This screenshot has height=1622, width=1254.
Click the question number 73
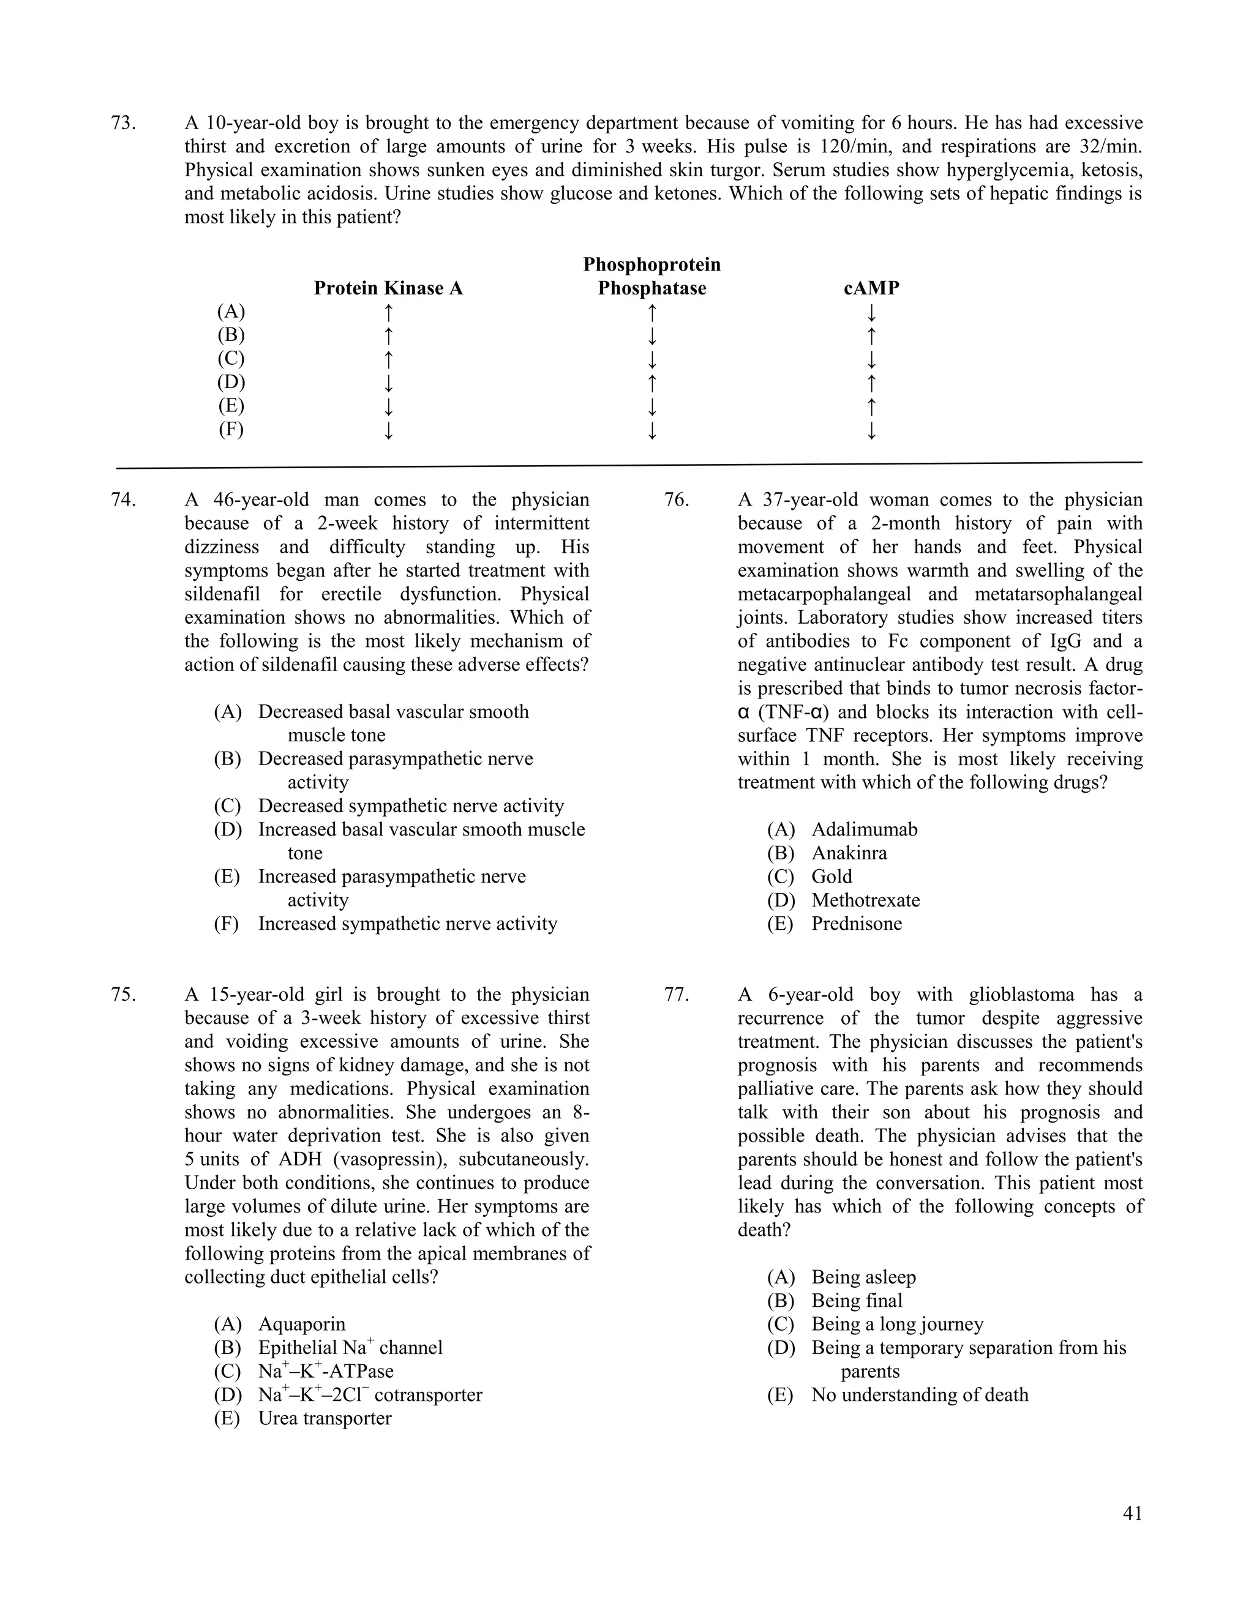[x=122, y=123]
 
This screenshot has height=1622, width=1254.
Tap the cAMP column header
[x=871, y=288]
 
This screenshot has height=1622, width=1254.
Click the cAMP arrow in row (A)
[x=871, y=312]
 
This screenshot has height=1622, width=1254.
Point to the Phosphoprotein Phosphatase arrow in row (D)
[x=651, y=383]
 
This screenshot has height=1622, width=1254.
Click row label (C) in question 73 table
[x=230, y=359]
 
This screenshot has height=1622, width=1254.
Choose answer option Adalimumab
[x=864, y=829]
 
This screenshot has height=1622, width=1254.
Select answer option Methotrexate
[x=865, y=900]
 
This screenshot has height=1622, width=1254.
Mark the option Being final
[x=857, y=1301]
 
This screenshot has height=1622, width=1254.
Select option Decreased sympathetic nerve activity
[x=411, y=806]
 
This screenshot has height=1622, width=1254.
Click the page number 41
[x=1132, y=1514]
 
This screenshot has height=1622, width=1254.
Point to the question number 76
[x=676, y=500]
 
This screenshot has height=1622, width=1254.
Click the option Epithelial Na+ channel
[x=350, y=1348]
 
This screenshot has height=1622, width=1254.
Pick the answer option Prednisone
[x=857, y=924]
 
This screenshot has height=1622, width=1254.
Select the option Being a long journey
[x=896, y=1324]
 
